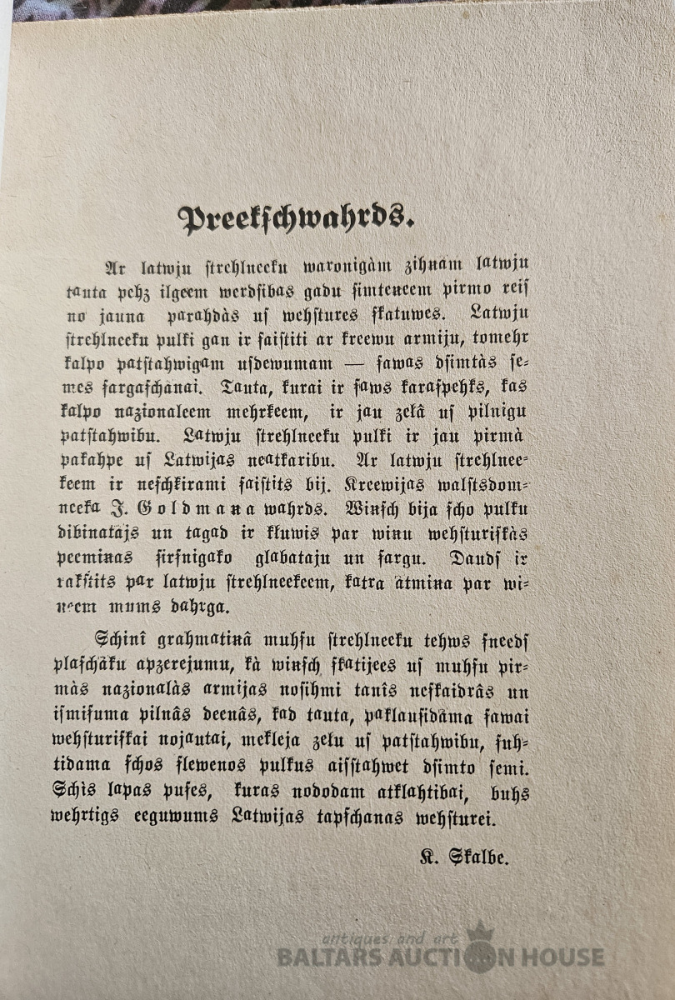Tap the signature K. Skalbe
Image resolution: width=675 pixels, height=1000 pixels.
click(464, 857)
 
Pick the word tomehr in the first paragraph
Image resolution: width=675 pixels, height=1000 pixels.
click(500, 338)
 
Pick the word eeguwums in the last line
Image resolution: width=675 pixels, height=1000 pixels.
click(178, 817)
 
